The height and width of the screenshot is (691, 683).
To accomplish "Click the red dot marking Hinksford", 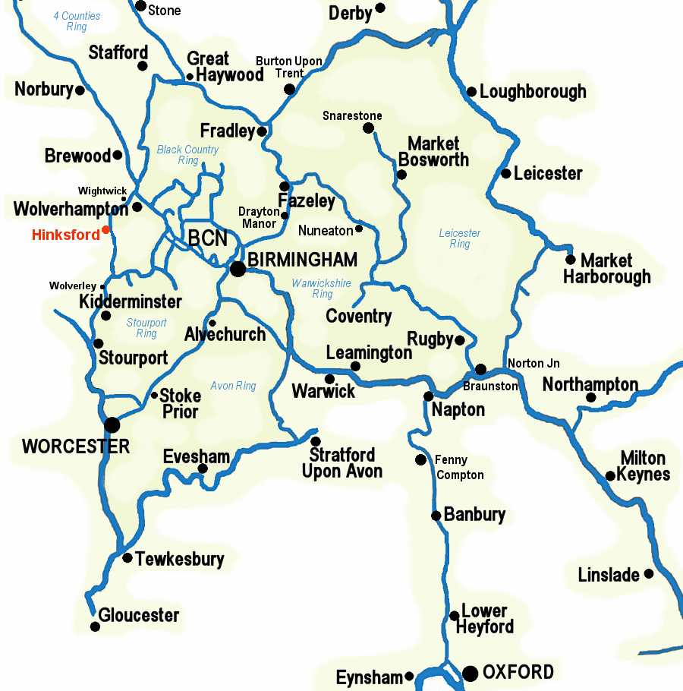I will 106,229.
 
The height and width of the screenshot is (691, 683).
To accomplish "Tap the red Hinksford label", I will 65,235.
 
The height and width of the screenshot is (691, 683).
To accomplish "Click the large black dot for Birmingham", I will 238,268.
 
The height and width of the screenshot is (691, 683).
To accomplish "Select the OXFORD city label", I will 518,672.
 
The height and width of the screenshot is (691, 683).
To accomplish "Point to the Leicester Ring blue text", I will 460,238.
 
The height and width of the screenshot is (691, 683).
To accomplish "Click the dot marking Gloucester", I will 95,626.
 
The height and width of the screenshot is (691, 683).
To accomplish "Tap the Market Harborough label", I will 606,269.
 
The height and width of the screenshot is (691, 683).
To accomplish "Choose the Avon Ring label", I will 233,386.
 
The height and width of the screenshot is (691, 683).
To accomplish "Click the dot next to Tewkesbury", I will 127,558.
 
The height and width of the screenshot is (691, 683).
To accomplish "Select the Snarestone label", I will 352,115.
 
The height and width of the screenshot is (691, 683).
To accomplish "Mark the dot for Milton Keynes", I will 610,476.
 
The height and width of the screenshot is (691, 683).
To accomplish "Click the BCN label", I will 207,238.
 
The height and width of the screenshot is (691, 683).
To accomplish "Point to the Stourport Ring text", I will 146,328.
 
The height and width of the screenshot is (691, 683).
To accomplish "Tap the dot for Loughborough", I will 471,92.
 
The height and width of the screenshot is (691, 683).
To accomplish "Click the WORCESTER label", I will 76,446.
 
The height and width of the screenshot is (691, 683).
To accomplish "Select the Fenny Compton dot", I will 420,459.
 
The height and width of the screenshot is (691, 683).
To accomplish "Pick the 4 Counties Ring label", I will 77,21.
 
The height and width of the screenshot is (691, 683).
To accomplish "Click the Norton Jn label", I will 533,363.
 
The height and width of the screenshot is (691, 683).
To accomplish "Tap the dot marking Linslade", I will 649,574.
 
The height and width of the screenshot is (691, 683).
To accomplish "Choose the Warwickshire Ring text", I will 323,289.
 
